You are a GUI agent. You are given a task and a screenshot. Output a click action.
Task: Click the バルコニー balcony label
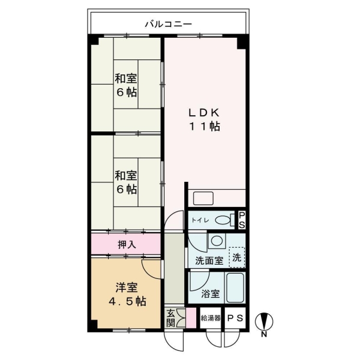[x=168, y=25]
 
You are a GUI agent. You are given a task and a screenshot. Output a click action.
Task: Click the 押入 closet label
[x=127, y=244]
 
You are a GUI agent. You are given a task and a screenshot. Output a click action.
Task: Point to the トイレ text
[x=200, y=220]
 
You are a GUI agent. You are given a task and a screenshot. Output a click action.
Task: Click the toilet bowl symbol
[x=223, y=220]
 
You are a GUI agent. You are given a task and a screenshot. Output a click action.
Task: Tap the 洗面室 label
[x=209, y=260]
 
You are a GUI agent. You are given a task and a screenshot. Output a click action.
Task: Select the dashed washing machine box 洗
[x=238, y=257]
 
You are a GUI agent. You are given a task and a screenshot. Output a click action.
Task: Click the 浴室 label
[x=210, y=295]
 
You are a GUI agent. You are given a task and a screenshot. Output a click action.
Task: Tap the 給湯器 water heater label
[x=211, y=318]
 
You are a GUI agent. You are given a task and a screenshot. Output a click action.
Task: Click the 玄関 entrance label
[x=170, y=317]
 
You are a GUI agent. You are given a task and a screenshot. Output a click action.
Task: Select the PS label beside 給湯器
[x=236, y=318]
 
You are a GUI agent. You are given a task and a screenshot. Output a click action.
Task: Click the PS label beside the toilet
[x=242, y=220]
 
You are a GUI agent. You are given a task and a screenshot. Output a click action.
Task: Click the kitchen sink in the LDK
[x=202, y=198]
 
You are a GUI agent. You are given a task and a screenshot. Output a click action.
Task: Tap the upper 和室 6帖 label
[x=126, y=85]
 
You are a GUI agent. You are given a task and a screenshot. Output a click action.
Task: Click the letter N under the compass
[x=263, y=334]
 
